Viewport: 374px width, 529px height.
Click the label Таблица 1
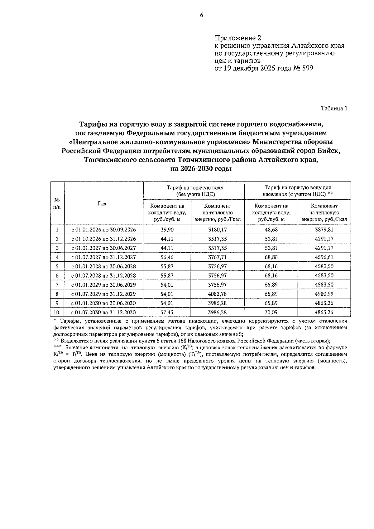coord(334,109)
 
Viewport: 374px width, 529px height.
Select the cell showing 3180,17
coord(218,230)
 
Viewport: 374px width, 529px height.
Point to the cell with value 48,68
coord(271,230)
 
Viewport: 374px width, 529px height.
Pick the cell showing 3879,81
coord(324,230)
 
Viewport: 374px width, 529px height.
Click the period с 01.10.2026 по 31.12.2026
coord(103,239)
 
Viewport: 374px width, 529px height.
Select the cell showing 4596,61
coord(324,257)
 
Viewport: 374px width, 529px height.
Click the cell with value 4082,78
coord(218,294)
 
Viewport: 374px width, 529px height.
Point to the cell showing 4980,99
coord(324,294)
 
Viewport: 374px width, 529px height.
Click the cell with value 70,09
coord(271,313)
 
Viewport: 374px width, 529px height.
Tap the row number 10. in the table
coord(57,313)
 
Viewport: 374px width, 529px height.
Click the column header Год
coord(102,204)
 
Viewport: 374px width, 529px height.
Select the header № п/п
coord(57,204)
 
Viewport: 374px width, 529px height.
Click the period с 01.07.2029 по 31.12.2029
coord(103,294)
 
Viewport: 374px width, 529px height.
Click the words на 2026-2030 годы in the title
coord(201,169)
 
